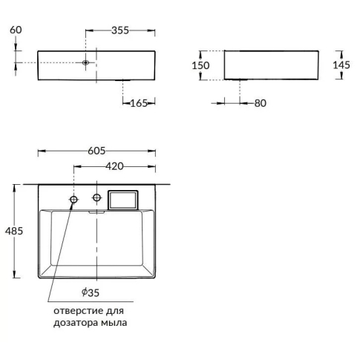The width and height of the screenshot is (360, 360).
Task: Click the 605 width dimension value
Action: tap(96, 151)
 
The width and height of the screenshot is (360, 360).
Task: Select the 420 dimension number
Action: tap(114, 166)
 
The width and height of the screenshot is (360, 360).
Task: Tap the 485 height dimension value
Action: tap(14, 231)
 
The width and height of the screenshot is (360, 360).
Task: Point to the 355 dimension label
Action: tap(120, 30)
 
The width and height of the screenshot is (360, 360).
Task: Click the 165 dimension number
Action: tap(139, 103)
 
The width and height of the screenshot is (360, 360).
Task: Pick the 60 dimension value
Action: tap(16, 30)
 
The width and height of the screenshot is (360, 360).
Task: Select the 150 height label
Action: tap(200, 65)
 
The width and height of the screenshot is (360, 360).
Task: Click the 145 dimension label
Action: tap(341, 65)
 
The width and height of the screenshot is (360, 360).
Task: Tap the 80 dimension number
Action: tap(261, 103)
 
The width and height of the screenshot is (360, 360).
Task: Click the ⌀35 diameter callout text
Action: tap(91, 292)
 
